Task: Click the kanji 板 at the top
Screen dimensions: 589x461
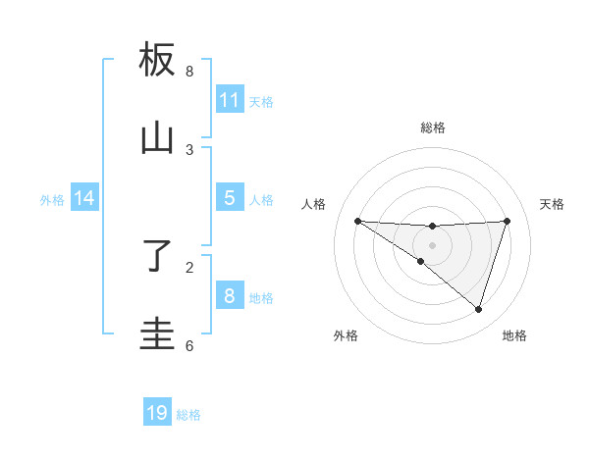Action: (x=157, y=61)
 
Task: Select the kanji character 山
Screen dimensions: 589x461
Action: (x=157, y=139)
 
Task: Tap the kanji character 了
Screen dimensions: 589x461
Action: (x=157, y=257)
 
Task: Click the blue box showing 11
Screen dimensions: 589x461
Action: (x=230, y=100)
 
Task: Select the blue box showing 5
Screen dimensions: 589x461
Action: (x=230, y=198)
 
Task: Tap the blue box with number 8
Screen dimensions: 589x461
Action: (x=230, y=296)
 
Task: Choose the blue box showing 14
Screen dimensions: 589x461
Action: (x=84, y=198)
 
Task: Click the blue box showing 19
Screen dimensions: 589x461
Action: (x=157, y=413)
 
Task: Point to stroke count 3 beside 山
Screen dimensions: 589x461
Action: (x=189, y=150)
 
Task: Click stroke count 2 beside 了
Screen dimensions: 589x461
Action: (x=189, y=266)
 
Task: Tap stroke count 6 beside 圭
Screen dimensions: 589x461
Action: (x=189, y=345)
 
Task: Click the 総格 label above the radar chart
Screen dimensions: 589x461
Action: (x=432, y=128)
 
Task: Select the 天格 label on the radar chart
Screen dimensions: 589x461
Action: (x=552, y=204)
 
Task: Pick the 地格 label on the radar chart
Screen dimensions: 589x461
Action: (x=514, y=335)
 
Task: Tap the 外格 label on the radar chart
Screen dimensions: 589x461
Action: (x=346, y=335)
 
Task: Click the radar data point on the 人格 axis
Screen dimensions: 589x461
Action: (x=357, y=221)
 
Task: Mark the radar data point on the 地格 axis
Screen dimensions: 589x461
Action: (x=478, y=309)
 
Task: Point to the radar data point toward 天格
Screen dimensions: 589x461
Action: (x=507, y=221)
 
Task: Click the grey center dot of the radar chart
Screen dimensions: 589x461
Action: (x=432, y=245)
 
